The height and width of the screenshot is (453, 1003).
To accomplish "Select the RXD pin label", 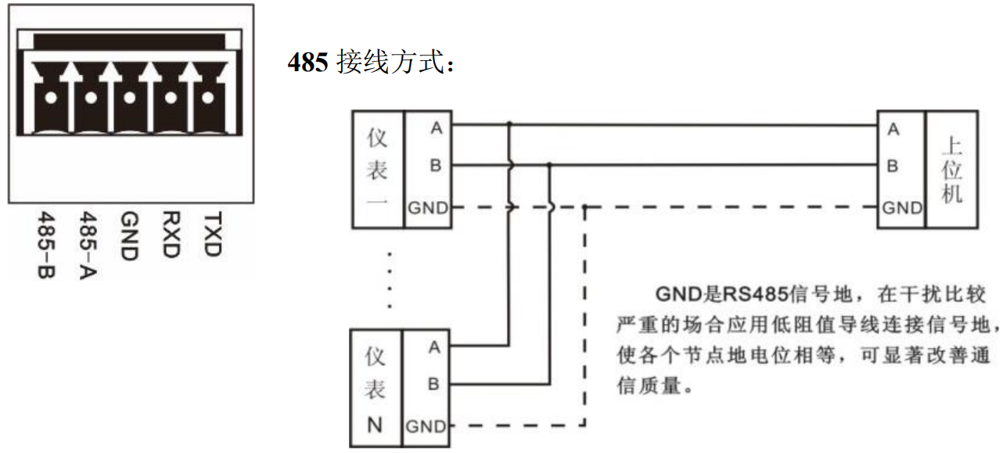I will click(171, 234).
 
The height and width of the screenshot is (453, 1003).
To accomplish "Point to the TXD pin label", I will click(212, 234).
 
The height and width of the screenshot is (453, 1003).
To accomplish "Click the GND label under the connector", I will click(130, 235).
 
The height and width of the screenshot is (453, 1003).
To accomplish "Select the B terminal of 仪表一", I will click(435, 166).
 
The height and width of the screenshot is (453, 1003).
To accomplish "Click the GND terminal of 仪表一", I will click(428, 208).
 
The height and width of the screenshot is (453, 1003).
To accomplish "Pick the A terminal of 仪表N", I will click(434, 347).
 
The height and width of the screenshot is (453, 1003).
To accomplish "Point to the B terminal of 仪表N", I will click(434, 384).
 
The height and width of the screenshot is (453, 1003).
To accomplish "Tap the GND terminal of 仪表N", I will click(426, 427).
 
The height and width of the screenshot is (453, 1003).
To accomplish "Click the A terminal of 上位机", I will click(893, 130).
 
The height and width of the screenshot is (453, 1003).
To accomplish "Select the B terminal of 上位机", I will click(893, 167).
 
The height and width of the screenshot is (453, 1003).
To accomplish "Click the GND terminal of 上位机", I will click(901, 208).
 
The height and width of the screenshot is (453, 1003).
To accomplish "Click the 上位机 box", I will click(951, 170).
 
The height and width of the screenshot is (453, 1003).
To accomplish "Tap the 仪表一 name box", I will click(376, 170).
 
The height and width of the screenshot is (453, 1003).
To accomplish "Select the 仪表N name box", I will click(376, 389).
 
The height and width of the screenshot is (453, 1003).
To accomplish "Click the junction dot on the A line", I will click(510, 124).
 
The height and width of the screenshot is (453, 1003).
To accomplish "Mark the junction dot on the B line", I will click(551, 165).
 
